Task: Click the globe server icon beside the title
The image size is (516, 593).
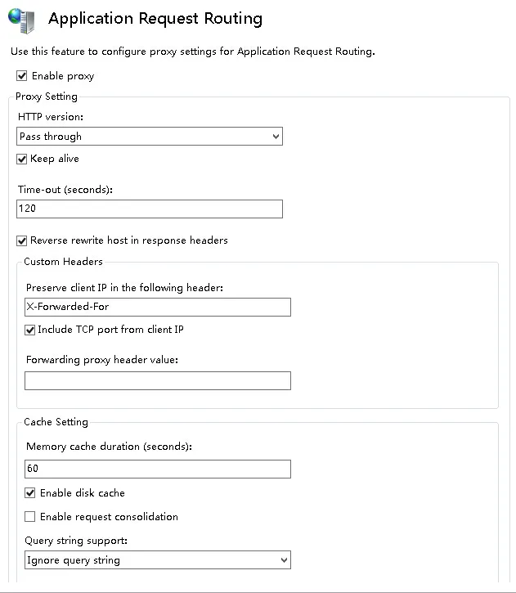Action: click(22, 20)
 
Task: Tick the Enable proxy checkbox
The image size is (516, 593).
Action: click(22, 76)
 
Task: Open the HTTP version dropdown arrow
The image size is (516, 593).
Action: click(275, 137)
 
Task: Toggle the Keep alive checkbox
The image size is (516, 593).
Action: click(22, 159)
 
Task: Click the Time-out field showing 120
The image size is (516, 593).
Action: click(150, 209)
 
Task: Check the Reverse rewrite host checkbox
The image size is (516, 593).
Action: click(22, 240)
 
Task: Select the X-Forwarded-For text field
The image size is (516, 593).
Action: click(158, 307)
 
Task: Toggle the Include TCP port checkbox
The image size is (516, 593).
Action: click(30, 330)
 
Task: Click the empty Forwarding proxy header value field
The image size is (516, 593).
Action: click(158, 380)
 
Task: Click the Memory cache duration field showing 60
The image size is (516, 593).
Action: click(158, 469)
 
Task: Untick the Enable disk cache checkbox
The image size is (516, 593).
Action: click(30, 493)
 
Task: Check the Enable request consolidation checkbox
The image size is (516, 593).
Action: click(30, 517)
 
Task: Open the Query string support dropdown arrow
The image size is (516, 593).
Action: click(284, 560)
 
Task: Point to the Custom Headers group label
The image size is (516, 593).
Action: click(63, 262)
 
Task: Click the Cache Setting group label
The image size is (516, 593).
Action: click(56, 422)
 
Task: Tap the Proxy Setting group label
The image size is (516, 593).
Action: click(47, 97)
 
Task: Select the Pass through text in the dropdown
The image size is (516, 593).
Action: click(51, 137)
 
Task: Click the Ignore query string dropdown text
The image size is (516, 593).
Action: click(74, 560)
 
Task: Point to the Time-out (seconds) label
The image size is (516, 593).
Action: click(65, 190)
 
